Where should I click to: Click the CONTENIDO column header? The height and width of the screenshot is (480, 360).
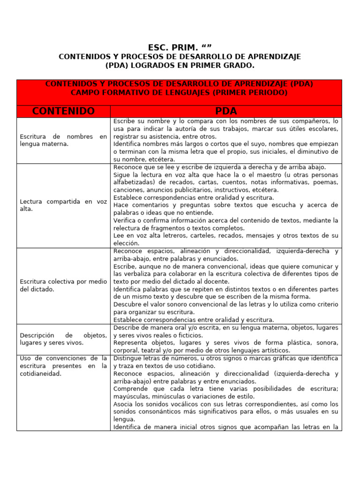coord(63,111)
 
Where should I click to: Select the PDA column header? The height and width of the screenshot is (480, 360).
coord(226,111)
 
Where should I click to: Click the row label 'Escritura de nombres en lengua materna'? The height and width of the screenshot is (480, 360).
coord(63,140)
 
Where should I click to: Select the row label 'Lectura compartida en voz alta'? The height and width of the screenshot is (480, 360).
coord(63,205)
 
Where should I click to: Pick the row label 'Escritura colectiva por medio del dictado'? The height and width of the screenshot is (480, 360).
coord(63,285)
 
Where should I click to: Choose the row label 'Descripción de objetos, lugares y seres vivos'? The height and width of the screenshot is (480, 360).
coord(63,339)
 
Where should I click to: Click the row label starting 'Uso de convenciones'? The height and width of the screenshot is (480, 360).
coord(63,366)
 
